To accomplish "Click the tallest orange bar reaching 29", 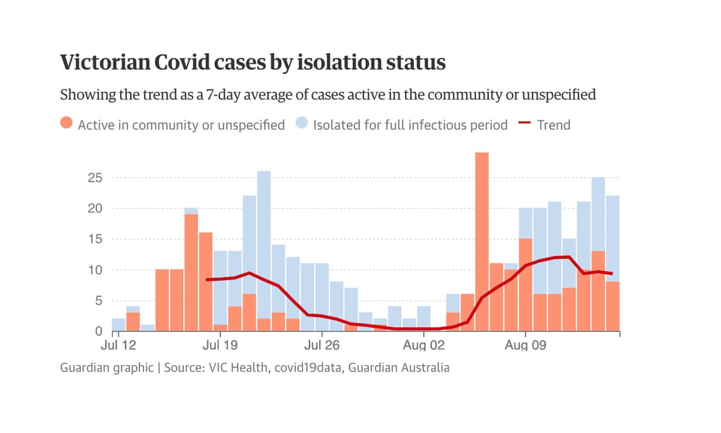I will coord(481,241).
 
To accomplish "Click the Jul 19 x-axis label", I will coord(221,346).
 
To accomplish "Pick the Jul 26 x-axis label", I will coord(323,346).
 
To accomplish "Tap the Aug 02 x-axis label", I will coord(424,346).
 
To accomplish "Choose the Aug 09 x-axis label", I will coord(526,346).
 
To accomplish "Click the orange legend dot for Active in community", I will coord(67,124).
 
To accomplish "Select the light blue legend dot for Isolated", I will coord(302,124).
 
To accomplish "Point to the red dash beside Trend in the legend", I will coord(525,124).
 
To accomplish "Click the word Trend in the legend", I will coord(553,125).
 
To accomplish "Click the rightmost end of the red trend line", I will coord(612,274).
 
